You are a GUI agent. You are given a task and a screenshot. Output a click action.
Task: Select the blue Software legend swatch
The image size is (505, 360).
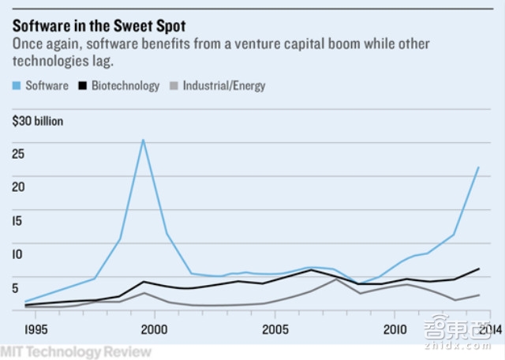(x=17, y=85)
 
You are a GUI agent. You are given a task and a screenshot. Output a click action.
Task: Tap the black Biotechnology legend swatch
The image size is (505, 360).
(x=84, y=85)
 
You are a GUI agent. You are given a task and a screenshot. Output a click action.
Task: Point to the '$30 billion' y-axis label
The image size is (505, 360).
(x=37, y=122)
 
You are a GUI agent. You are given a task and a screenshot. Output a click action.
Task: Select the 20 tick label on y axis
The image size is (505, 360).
(x=19, y=186)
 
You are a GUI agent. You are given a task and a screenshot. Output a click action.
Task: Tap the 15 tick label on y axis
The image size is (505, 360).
(x=18, y=220)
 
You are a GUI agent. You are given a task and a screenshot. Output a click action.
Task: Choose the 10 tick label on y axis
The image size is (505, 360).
(x=19, y=254)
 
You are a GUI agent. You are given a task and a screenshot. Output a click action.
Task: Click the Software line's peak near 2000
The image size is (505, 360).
(x=143, y=141)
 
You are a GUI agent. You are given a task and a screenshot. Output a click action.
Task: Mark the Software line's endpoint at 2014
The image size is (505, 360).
(x=479, y=167)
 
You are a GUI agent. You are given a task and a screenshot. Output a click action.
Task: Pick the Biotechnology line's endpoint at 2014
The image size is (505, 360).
(x=479, y=269)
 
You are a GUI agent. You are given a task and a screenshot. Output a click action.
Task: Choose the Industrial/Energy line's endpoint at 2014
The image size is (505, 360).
(x=479, y=295)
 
